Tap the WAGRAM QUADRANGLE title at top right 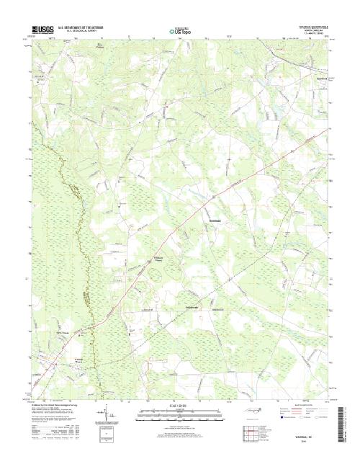tap(313, 24)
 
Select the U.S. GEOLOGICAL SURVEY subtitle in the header tap(85, 32)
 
